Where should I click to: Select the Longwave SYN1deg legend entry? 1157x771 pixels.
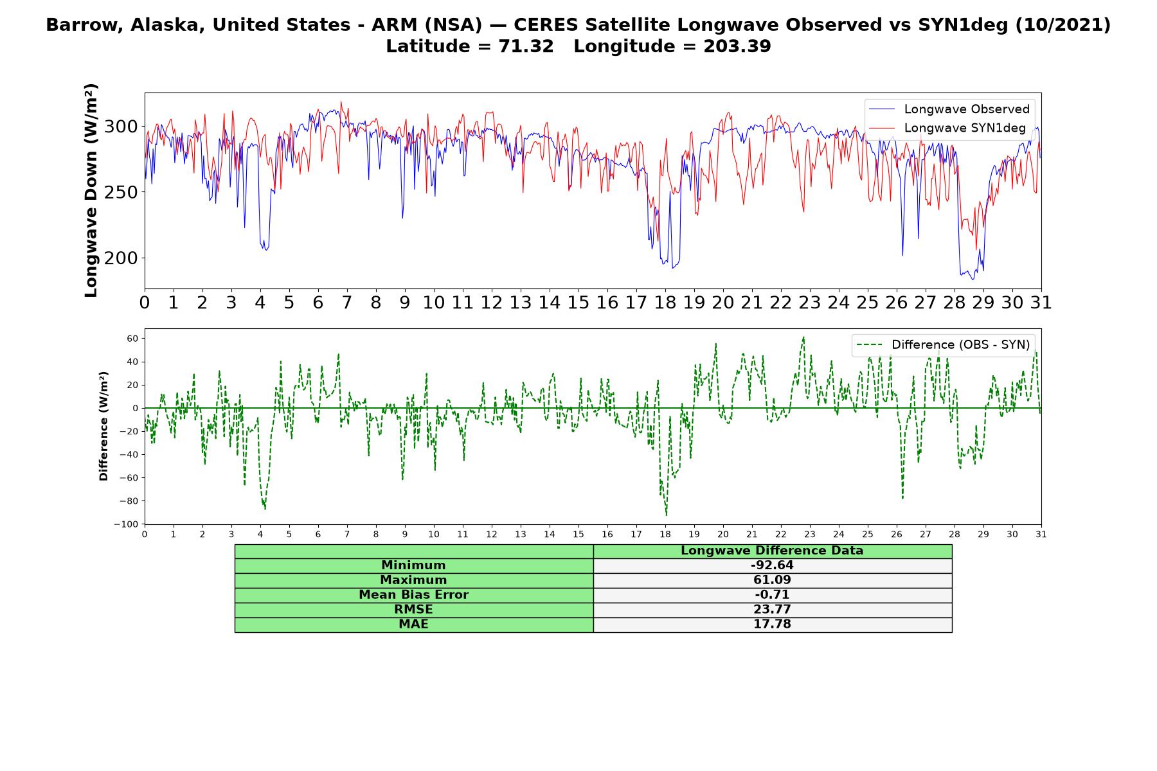click(x=947, y=128)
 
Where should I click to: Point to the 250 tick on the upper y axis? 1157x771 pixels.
click(x=121, y=192)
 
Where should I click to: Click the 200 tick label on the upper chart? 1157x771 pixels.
click(x=121, y=258)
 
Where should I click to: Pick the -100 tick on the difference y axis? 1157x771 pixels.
click(x=127, y=524)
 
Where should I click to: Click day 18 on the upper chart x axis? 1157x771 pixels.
click(x=665, y=303)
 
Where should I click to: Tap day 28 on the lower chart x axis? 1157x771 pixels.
click(x=955, y=535)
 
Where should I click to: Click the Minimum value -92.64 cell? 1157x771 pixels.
click(x=772, y=565)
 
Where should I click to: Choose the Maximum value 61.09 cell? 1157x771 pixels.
click(x=772, y=580)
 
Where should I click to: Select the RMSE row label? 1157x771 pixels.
click(x=414, y=610)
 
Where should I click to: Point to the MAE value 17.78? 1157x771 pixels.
click(x=772, y=625)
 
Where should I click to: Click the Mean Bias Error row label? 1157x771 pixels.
click(x=414, y=595)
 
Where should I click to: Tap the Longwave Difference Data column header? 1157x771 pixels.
click(x=772, y=551)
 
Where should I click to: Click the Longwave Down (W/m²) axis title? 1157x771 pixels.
click(x=91, y=190)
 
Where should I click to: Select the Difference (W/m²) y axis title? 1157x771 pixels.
click(x=103, y=426)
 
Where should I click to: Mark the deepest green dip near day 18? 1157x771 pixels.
click(x=666, y=515)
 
